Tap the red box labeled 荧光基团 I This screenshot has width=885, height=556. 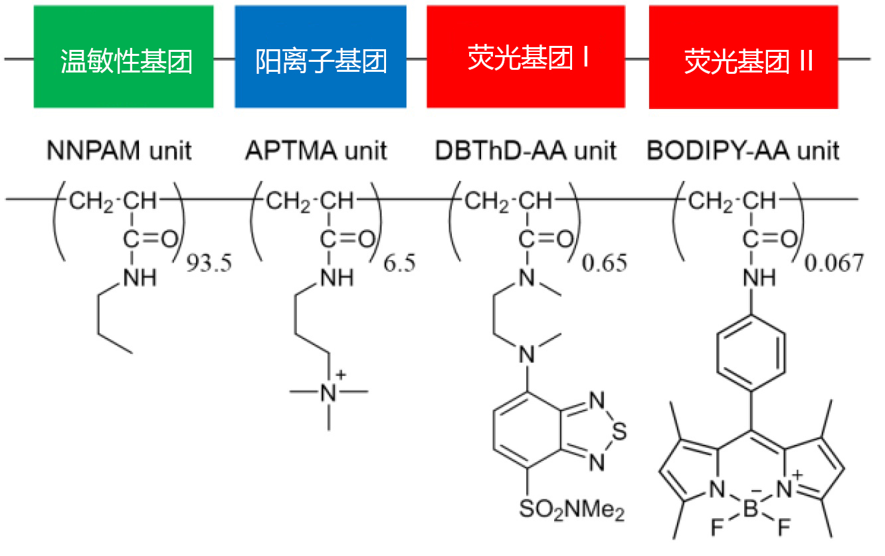tap(526, 57)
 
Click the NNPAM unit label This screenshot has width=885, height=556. tap(119, 151)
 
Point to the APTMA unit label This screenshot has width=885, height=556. tap(315, 151)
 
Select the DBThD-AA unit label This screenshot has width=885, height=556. tap(526, 151)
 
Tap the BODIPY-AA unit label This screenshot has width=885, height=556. tap(742, 151)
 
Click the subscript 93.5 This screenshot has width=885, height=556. tap(207, 263)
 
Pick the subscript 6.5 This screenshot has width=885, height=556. tap(400, 263)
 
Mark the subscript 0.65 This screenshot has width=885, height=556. tap(604, 263)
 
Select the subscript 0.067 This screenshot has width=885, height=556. tap(834, 263)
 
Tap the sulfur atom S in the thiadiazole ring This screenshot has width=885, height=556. tap(619, 432)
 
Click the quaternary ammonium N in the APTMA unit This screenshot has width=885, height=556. tap(329, 392)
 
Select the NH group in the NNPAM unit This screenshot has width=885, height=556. tap(139, 278)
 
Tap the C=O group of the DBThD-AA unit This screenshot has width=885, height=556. tap(542, 238)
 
